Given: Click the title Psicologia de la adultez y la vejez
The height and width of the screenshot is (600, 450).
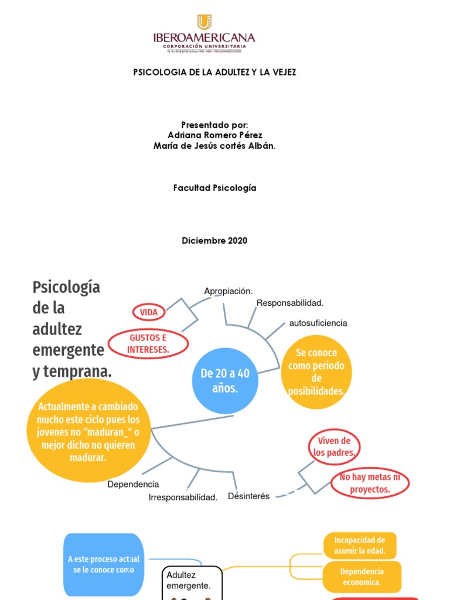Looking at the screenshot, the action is [x=215, y=72].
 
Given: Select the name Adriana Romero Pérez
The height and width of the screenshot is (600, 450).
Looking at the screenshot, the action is [x=215, y=135].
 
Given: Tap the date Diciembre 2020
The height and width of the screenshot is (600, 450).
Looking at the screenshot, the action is [x=214, y=241].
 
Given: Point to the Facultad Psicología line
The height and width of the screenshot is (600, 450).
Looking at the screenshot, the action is [x=214, y=188].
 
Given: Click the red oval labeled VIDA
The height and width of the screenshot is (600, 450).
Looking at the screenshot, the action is [x=149, y=312].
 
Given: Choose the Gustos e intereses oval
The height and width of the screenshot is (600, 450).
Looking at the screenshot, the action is [x=149, y=344].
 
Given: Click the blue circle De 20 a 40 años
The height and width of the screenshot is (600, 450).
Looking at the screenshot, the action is [x=224, y=380].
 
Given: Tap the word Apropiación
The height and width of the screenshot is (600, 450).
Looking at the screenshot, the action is [x=228, y=291].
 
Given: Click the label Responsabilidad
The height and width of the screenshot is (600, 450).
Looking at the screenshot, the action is [x=290, y=303].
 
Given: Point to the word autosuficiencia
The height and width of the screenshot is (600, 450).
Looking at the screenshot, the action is [x=318, y=323].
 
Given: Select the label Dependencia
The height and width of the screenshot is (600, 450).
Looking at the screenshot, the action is [x=134, y=485].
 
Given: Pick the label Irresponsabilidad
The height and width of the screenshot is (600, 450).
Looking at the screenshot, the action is [x=183, y=497].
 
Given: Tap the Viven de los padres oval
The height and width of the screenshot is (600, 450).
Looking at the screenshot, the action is [x=333, y=446].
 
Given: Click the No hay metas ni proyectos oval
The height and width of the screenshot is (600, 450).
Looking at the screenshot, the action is [x=370, y=483].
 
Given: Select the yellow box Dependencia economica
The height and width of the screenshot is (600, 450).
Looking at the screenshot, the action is [x=362, y=577].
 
